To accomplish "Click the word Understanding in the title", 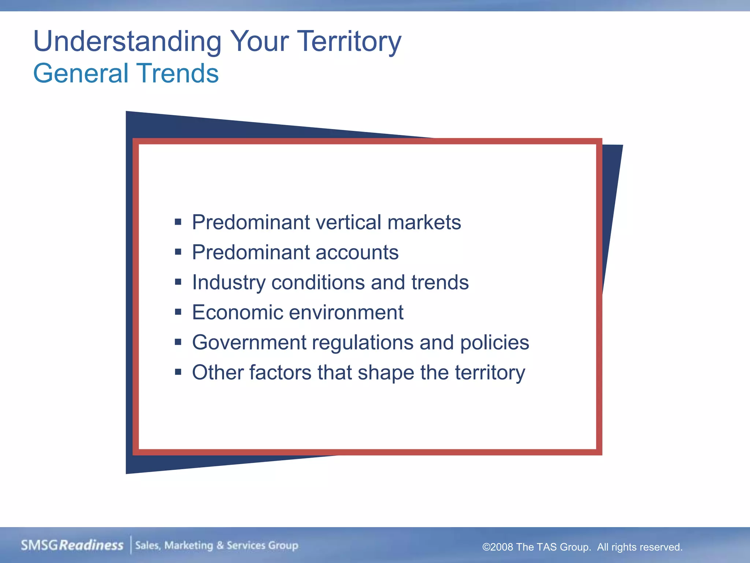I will pos(127,41).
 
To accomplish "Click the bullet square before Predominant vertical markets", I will pos(178,222).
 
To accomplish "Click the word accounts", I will pos(357,252).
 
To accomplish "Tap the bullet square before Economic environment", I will pos(178,312).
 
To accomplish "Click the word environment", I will pos(346,312).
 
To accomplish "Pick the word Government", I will pos(249,342).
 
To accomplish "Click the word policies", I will pos(494,342).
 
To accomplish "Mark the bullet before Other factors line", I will pos(178,372).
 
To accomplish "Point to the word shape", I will pos(386,373).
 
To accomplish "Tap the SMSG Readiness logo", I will pos(72,545).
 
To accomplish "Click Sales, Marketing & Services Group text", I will pos(216,545).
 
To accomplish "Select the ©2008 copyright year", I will pos(498,547).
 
